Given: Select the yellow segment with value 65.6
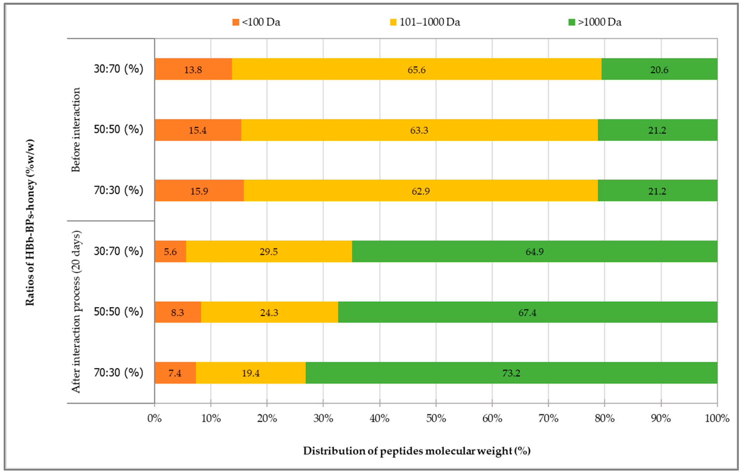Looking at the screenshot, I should (416, 69).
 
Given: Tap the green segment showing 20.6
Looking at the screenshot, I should (659, 69).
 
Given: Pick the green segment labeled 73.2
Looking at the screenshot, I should (511, 373).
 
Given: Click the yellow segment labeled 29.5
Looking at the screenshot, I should (269, 251).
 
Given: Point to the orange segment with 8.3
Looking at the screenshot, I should (177, 312).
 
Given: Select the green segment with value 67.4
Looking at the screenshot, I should (527, 312).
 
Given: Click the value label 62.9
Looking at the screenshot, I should (420, 191).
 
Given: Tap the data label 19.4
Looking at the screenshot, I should (251, 373).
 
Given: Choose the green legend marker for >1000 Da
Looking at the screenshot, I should (571, 22).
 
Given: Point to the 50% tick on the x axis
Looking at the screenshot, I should (436, 418).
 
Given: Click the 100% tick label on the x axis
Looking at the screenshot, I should (717, 418).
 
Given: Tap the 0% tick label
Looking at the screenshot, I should (155, 418).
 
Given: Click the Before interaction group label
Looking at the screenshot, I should (76, 130).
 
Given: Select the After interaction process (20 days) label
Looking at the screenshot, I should (76, 312).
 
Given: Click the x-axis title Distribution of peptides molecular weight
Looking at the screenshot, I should (417, 451).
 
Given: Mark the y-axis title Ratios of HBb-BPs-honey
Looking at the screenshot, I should (30, 222).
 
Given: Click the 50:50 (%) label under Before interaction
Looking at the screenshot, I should (119, 129).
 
